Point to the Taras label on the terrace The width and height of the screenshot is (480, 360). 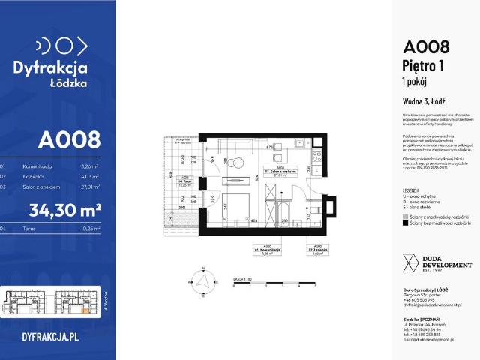click(182, 180)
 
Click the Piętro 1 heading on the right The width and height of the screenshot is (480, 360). click(424, 67)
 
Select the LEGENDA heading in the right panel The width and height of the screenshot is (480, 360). click(411, 191)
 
